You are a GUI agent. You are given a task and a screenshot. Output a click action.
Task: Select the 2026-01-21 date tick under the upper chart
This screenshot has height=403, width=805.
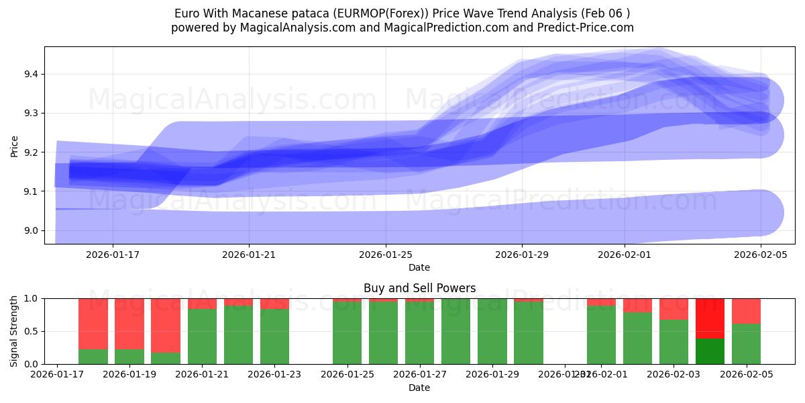pyautogui.click(x=249, y=255)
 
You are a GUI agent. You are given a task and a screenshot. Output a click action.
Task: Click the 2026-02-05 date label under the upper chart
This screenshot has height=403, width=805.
pyautogui.click(x=761, y=255)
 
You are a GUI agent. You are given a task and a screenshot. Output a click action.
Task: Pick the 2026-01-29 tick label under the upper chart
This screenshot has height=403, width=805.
pyautogui.click(x=522, y=255)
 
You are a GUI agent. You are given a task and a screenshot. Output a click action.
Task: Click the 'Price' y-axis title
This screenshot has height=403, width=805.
pyautogui.click(x=15, y=146)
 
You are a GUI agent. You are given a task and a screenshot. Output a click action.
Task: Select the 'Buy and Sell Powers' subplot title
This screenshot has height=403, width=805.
pyautogui.click(x=419, y=288)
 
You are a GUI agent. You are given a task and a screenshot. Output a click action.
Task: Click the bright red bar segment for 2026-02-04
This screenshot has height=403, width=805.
pyautogui.click(x=710, y=318)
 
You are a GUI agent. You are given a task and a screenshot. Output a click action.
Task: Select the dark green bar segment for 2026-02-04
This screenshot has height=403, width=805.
pyautogui.click(x=710, y=351)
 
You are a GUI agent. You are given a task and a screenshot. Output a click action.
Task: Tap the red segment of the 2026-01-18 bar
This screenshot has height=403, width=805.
pyautogui.click(x=93, y=323)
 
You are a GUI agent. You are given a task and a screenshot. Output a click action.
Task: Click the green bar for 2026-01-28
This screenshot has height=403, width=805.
pyautogui.click(x=456, y=331)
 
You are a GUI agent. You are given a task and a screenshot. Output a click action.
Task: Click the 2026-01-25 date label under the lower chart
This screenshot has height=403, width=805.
pyautogui.click(x=347, y=374)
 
